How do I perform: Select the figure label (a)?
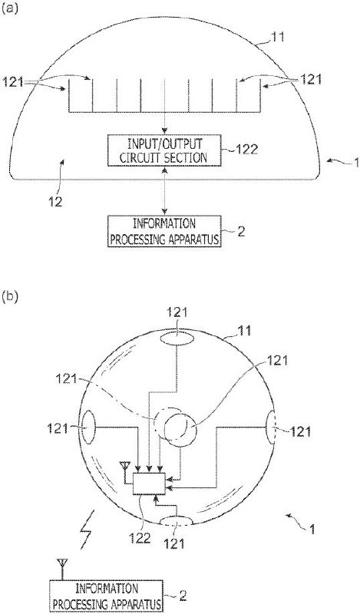point(10,9)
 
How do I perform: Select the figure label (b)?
point(10,296)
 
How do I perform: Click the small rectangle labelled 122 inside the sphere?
point(150,484)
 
